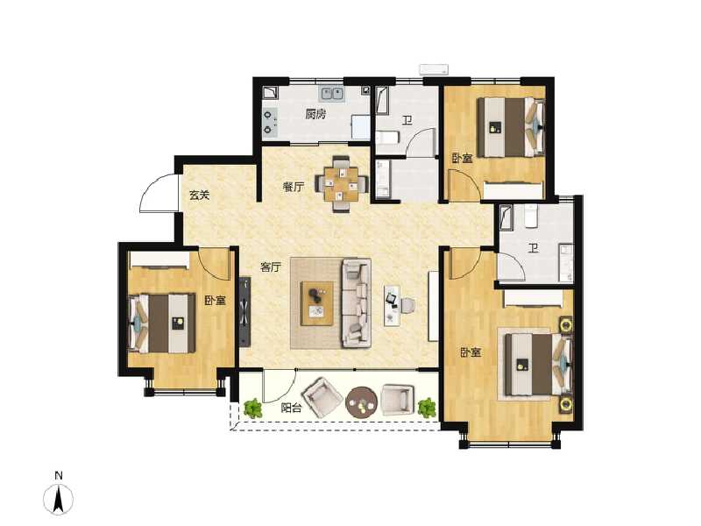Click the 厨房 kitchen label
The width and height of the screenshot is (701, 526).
tap(316, 114)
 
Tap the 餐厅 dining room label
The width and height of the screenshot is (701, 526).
tap(293, 186)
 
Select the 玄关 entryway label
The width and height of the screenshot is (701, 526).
tap(200, 195)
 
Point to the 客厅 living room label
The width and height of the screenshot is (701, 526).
tap(270, 268)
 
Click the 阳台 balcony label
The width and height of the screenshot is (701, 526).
tap(293, 408)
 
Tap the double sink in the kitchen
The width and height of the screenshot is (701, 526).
tap(332, 93)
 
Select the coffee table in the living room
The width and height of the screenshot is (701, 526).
tap(317, 303)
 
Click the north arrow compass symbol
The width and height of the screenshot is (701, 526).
tap(59, 499)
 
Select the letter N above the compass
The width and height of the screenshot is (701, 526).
tap(59, 476)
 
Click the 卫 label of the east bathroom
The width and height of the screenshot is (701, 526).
tap(532, 248)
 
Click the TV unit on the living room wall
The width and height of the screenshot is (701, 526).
tap(246, 311)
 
